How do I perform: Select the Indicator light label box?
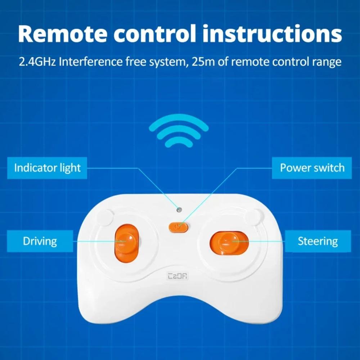point(47,168)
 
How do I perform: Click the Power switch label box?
point(312,168)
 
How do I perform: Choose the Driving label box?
point(40,241)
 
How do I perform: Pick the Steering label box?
point(318,241)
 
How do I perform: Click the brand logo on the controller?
point(179,276)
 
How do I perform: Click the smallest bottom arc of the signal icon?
point(179,143)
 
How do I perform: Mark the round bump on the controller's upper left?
point(104,218)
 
